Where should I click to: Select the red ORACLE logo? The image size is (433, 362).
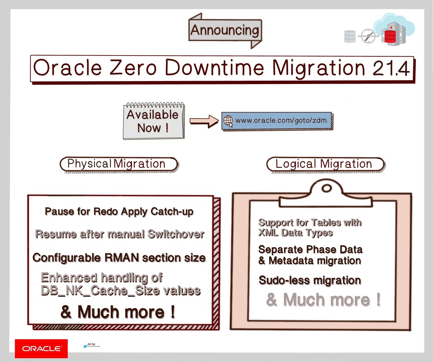pyautogui.click(x=41, y=348)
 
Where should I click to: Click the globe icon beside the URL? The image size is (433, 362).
pyautogui.click(x=228, y=120)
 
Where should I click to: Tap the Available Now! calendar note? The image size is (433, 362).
pyautogui.click(x=153, y=120)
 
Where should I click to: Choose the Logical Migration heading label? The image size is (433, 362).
pyautogui.click(x=324, y=164)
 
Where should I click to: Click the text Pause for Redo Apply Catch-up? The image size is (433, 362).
pyautogui.click(x=119, y=212)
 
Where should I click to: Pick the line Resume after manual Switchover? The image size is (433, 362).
pyautogui.click(x=119, y=234)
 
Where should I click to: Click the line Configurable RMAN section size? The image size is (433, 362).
pyautogui.click(x=119, y=258)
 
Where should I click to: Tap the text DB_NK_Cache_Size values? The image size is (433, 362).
pyautogui.click(x=121, y=290)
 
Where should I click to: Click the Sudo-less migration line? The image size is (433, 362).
pyautogui.click(x=310, y=280)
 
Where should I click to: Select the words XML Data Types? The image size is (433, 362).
pyautogui.click(x=295, y=233)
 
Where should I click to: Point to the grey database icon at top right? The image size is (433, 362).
pyautogui.click(x=350, y=36)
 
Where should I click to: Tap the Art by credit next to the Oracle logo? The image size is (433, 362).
pyautogui.click(x=91, y=345)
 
